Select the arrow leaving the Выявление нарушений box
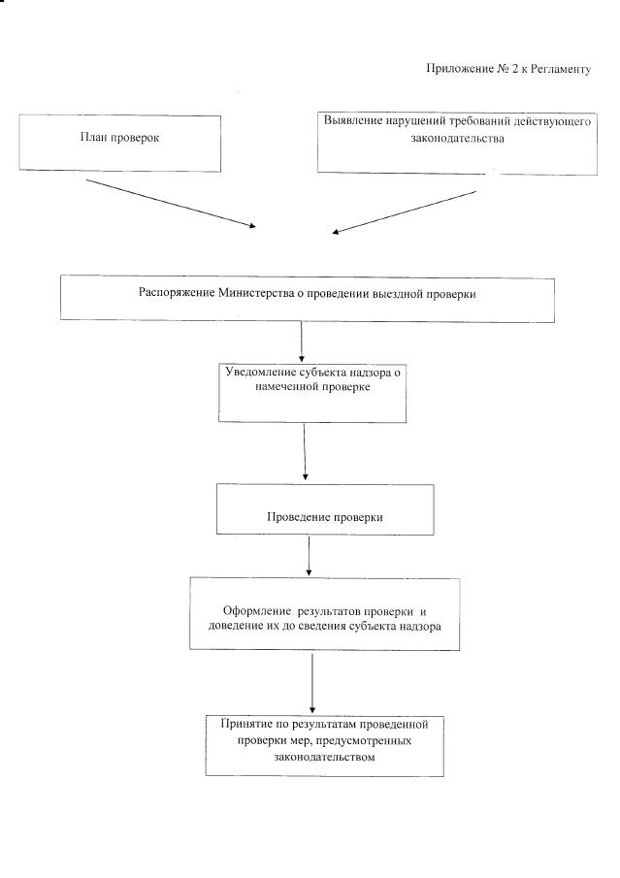(405, 211)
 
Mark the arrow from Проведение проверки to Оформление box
(309, 555)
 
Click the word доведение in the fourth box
(236, 628)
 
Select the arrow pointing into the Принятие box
(312, 683)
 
